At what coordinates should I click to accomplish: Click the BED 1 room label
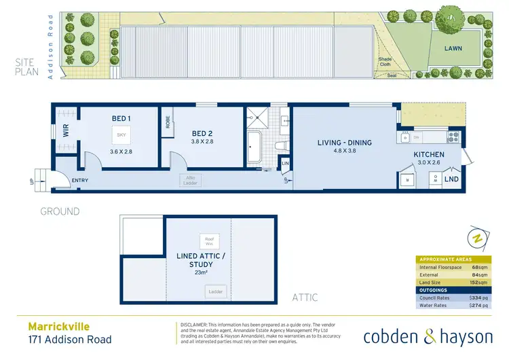[121, 118]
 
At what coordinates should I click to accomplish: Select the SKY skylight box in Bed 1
[121, 135]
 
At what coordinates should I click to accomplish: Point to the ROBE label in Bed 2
[167, 122]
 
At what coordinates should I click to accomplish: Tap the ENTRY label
[79, 180]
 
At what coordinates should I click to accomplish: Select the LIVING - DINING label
[345, 143]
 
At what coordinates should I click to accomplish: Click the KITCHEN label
[429, 154]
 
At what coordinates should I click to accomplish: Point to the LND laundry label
[451, 179]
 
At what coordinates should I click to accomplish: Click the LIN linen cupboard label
[285, 164]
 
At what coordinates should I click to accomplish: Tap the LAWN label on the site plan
[453, 49]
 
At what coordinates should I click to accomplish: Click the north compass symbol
[477, 238]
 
